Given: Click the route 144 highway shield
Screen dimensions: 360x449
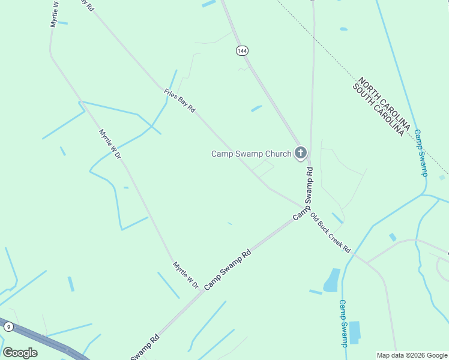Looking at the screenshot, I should [242, 51].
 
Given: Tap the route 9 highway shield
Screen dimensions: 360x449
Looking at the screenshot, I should [8, 326].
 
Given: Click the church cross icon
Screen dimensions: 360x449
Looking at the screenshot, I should [300, 154].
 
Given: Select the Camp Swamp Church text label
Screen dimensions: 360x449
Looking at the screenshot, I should [251, 154].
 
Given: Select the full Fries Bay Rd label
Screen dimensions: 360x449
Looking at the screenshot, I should [179, 101].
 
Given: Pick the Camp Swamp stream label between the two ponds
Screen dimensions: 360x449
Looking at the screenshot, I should [343, 323].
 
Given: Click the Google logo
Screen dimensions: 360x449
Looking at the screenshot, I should [20, 353].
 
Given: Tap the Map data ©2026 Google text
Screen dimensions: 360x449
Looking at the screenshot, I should [411, 355].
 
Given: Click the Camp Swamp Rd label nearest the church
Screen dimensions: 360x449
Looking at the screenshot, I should [303, 193].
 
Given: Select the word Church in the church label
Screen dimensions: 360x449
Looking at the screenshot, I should [279, 154].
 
